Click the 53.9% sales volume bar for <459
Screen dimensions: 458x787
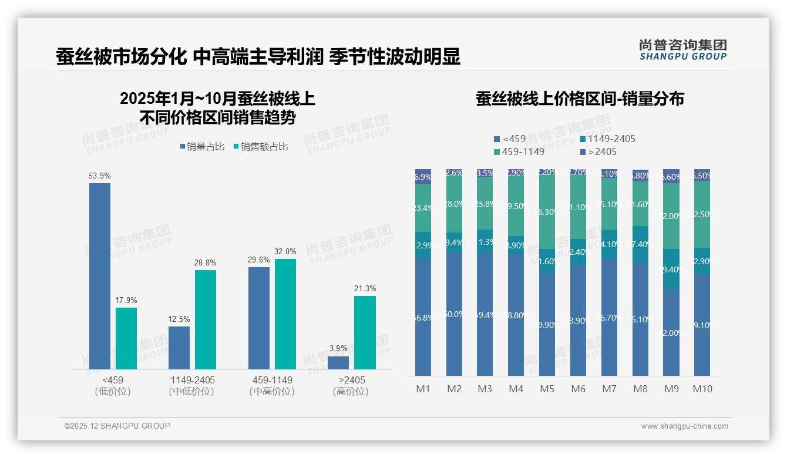(100, 276)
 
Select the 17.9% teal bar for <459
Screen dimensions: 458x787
(126, 338)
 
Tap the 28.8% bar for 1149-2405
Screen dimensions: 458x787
(206, 319)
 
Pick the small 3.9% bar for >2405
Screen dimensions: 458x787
(338, 363)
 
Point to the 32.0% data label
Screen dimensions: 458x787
(285, 251)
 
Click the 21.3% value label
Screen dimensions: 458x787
(365, 288)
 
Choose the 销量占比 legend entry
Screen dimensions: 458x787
(202, 147)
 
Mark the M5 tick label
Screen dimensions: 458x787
(547, 389)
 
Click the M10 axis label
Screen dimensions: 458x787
(702, 389)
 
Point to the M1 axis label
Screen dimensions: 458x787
(423, 389)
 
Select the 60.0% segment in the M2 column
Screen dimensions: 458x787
(454, 314)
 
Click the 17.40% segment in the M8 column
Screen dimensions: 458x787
(640, 244)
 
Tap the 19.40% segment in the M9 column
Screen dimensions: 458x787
(671, 269)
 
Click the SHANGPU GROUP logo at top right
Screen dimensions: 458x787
(682, 50)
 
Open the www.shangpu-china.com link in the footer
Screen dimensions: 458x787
(684, 426)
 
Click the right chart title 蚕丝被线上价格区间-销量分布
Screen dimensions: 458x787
(580, 99)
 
